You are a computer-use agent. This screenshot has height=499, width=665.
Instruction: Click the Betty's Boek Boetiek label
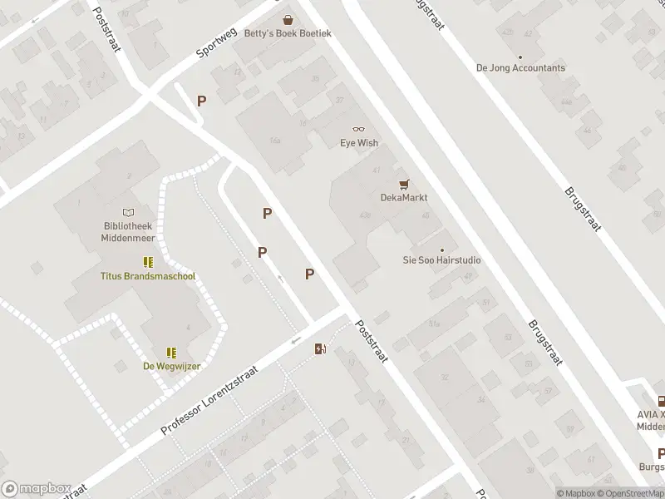pos(288,33)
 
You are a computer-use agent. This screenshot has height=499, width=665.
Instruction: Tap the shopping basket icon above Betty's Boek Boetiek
pos(288,19)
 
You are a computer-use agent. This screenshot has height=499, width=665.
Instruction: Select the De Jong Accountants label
pos(520,68)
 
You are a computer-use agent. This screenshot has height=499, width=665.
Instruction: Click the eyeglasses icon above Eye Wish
pos(359,129)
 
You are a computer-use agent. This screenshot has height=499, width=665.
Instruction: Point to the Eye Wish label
pos(359,143)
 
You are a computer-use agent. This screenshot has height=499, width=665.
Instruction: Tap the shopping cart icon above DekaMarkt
pos(404,184)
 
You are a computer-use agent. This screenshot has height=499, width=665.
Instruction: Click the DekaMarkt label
pos(404,198)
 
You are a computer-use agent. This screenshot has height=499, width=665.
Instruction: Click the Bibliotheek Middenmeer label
pos(127,231)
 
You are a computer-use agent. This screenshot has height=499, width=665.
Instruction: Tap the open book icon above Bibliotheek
pos(127,213)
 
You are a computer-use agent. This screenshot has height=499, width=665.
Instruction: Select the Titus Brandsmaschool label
pos(148,276)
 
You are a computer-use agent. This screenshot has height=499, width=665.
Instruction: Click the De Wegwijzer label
pos(172,366)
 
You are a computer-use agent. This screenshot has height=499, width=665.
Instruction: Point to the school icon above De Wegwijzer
pos(171,352)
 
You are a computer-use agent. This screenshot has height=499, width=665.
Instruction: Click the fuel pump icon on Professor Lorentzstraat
pos(320,349)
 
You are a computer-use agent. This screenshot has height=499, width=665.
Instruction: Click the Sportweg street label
pos(217,38)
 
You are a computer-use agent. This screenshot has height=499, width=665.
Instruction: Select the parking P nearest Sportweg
pos(201,101)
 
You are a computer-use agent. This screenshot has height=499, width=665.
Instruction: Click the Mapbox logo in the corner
pos(35,488)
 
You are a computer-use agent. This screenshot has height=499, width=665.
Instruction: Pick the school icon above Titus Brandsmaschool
pos(148,262)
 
